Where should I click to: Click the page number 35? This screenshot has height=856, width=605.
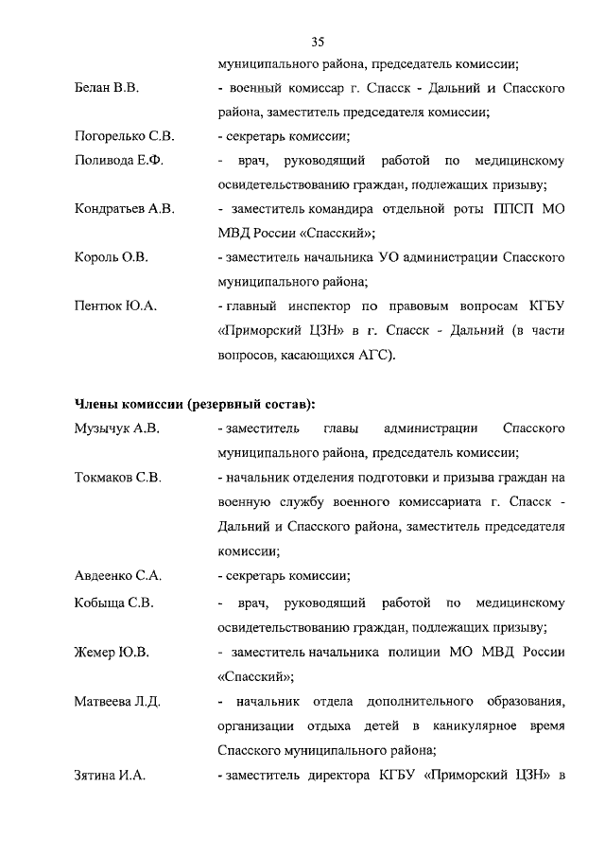point(317,41)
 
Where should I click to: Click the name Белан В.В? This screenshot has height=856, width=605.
point(107,88)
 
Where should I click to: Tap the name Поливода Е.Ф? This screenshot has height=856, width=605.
point(119,161)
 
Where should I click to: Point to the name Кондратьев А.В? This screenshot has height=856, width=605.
point(125,209)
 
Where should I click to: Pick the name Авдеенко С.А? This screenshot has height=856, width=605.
point(118,575)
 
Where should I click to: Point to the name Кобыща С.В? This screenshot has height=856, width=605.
point(113,603)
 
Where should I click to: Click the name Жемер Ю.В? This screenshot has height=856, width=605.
point(112,652)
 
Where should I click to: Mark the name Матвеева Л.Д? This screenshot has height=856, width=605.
point(117,701)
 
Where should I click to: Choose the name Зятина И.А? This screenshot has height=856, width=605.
point(109,777)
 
